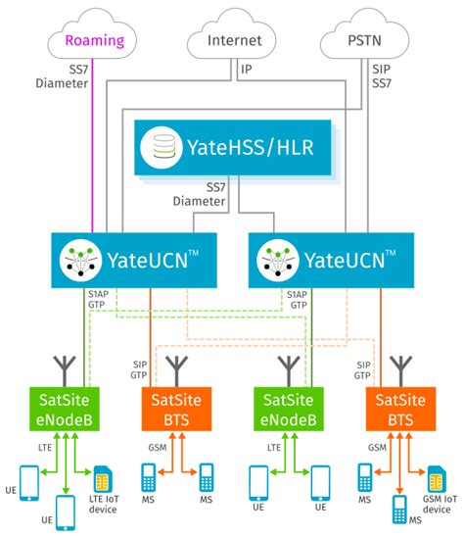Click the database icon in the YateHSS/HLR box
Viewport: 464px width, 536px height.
tap(157, 148)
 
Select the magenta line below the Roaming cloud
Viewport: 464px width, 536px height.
tap(91, 147)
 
